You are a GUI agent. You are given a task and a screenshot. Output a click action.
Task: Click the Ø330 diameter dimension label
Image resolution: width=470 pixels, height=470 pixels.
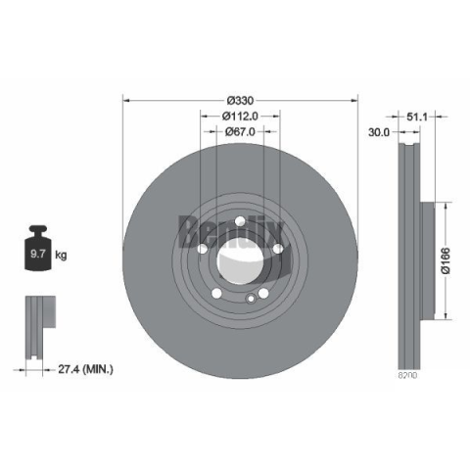click(240, 101)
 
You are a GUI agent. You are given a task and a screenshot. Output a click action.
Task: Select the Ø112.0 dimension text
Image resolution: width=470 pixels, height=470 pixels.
click(240, 116)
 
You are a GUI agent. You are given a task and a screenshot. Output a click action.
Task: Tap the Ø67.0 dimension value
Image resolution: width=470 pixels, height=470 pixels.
click(240, 131)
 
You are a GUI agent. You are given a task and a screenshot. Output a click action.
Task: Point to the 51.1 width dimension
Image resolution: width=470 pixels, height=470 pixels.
click(417, 117)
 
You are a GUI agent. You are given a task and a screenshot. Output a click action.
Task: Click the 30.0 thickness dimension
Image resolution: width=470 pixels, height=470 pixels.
click(379, 132)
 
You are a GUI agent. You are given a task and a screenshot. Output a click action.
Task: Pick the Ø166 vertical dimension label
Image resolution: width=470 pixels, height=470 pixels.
click(446, 260)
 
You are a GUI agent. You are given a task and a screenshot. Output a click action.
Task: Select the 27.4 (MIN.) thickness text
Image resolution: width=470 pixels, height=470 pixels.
click(85, 369)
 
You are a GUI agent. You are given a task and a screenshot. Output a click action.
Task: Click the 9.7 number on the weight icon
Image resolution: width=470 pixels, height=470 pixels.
click(37, 254)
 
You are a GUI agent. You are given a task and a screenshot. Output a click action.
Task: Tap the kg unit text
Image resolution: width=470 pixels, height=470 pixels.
click(61, 255)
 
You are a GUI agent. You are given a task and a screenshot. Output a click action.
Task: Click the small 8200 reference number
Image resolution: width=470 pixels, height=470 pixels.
click(407, 375)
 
